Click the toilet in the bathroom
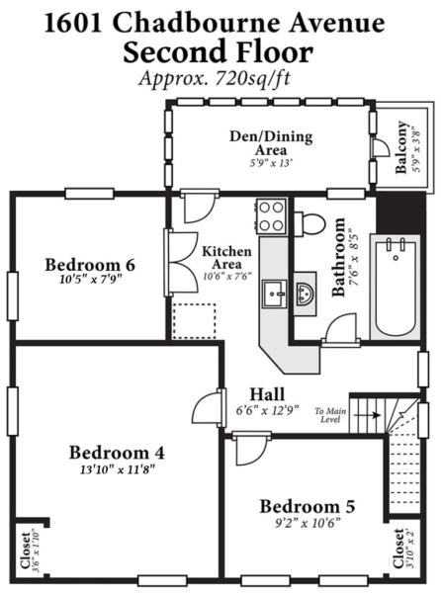click(x=309, y=223)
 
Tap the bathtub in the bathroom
click(x=396, y=288)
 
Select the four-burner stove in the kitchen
click(x=271, y=216)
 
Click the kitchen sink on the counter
click(x=274, y=295)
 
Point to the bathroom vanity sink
click(x=306, y=294)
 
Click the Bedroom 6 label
click(x=90, y=265)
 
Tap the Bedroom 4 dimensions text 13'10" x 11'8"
click(x=118, y=469)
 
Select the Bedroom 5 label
click(x=308, y=506)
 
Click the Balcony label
click(x=402, y=147)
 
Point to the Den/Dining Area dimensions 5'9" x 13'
click(x=271, y=163)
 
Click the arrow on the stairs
click(x=367, y=415)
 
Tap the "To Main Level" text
click(x=330, y=415)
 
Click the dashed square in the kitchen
click(x=195, y=321)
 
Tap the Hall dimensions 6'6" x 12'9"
click(x=267, y=410)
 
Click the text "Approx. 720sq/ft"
click(x=215, y=79)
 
